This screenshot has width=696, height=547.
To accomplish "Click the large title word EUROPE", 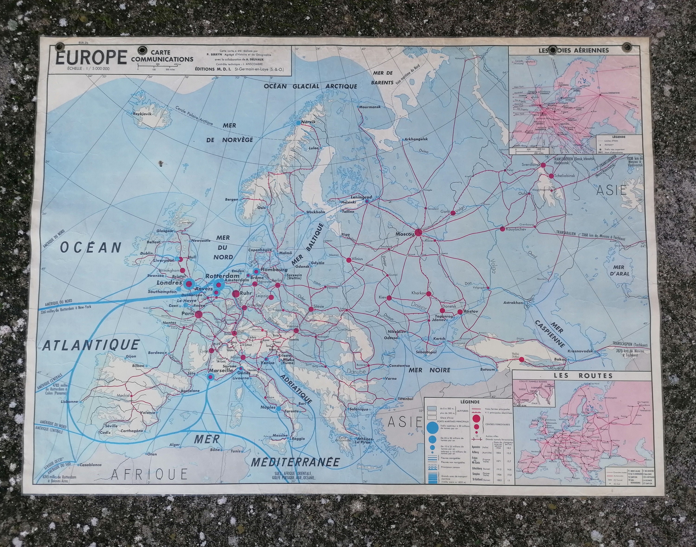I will click(x=91, y=58).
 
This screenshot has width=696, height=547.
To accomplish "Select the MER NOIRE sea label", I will click(x=429, y=370).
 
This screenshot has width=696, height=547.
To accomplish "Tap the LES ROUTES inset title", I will click(x=582, y=376).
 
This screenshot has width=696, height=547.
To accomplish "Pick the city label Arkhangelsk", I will click(x=416, y=139).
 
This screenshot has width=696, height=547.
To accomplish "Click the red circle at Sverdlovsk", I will click(x=543, y=165).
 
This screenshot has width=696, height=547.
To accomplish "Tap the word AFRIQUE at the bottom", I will click(x=149, y=474).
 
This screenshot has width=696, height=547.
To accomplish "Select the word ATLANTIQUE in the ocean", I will click(x=91, y=345).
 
